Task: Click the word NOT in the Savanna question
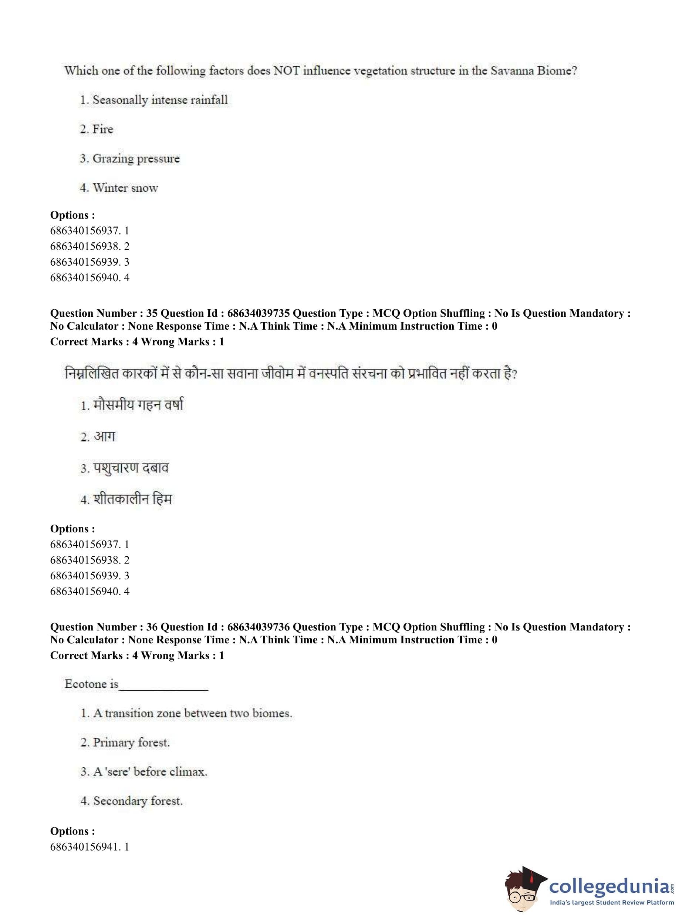click(x=287, y=71)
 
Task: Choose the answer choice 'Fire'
click(x=102, y=129)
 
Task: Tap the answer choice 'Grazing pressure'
click(x=136, y=159)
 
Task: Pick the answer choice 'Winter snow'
click(x=125, y=188)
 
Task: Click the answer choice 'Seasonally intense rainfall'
click(x=159, y=100)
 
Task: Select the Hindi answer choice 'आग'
click(x=104, y=437)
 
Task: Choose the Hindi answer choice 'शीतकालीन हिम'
click(x=132, y=499)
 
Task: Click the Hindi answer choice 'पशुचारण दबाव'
click(x=131, y=468)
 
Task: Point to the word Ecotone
click(x=86, y=684)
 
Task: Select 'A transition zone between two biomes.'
click(x=192, y=713)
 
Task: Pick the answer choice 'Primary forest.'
click(x=131, y=742)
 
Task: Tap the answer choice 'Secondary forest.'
click(x=138, y=801)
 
